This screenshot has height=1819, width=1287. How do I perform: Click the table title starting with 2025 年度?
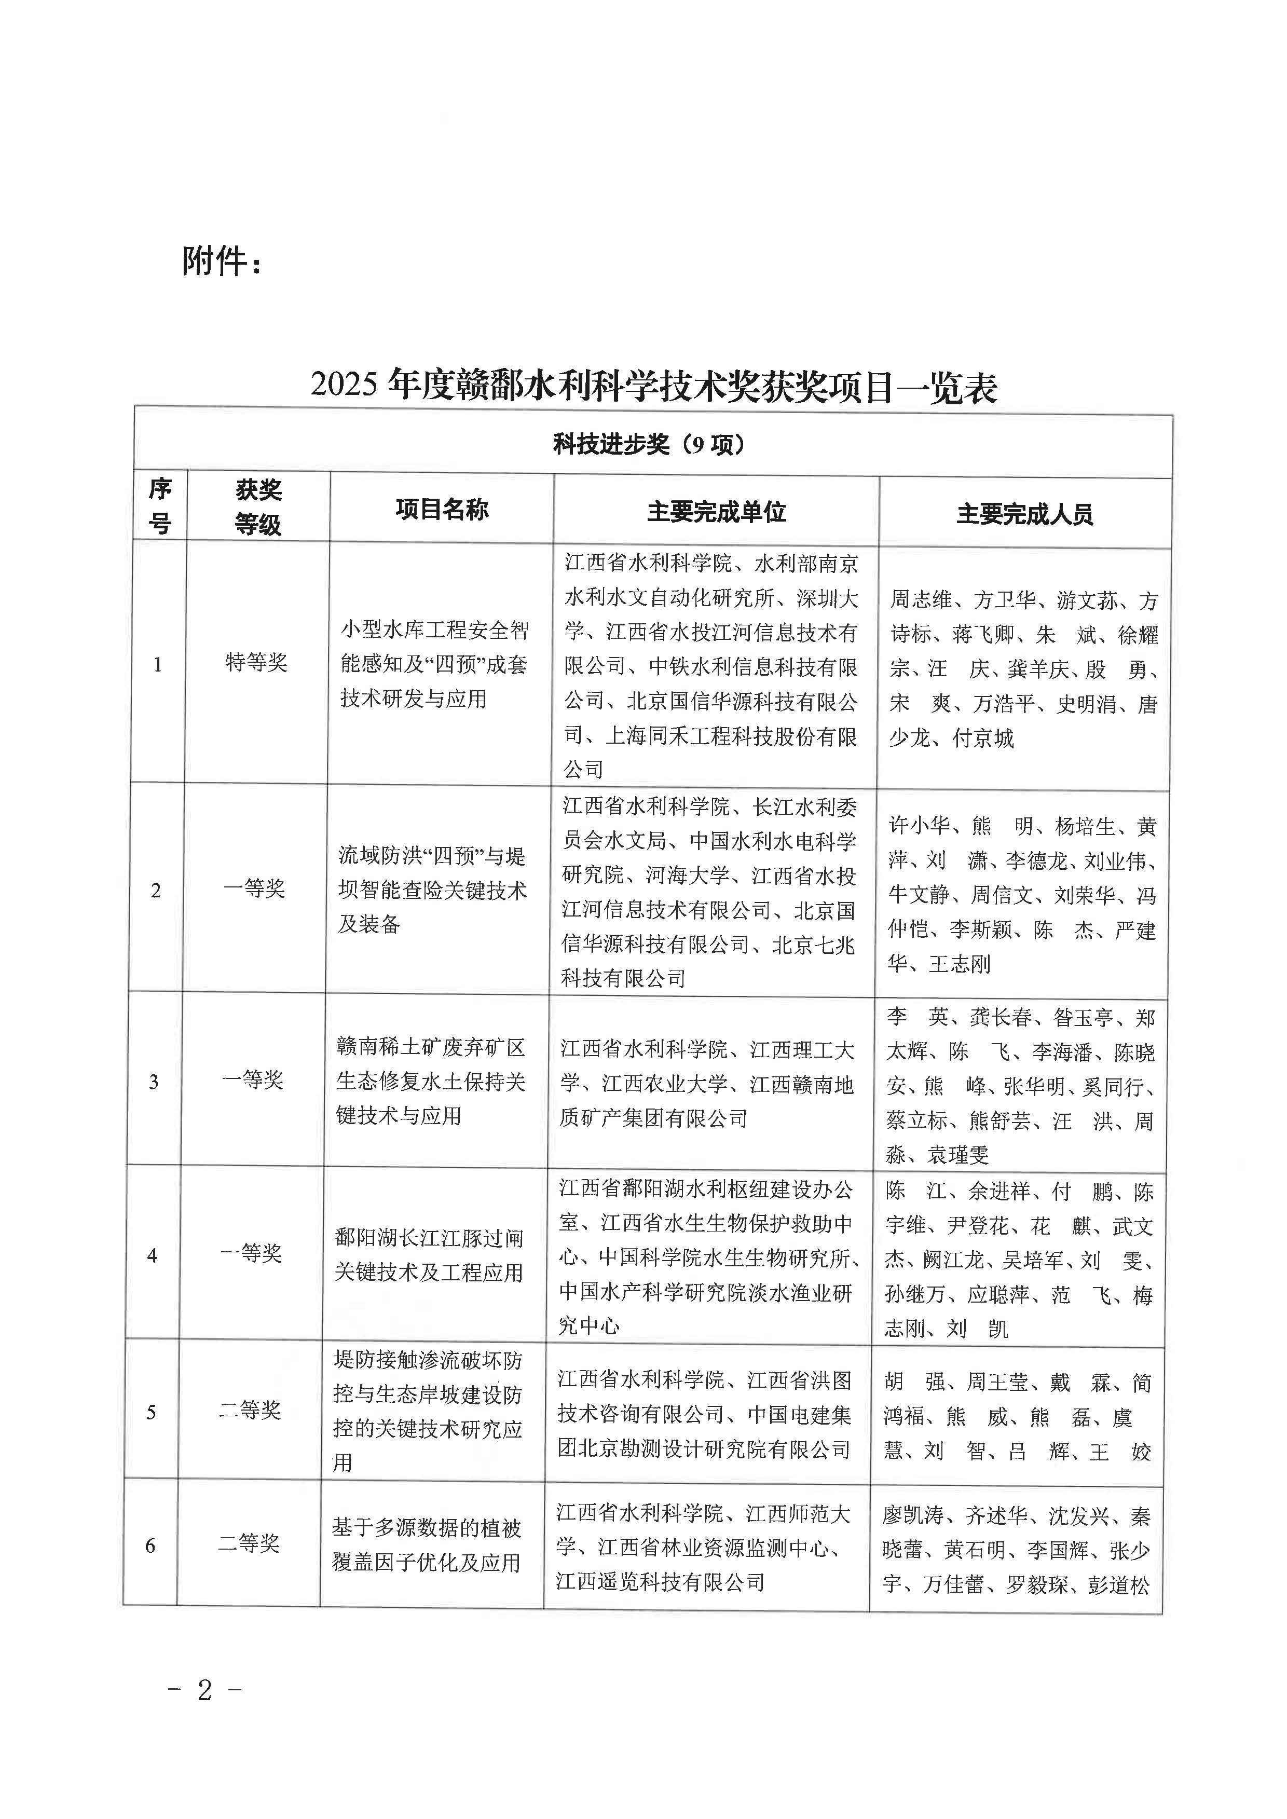(x=653, y=386)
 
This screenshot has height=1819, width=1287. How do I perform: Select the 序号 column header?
(x=160, y=507)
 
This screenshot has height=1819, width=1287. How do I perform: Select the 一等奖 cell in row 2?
(x=254, y=888)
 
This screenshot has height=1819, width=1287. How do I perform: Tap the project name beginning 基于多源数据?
(x=427, y=1545)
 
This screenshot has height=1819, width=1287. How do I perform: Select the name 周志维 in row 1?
(x=921, y=600)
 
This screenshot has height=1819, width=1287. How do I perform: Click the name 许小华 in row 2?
(x=919, y=826)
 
